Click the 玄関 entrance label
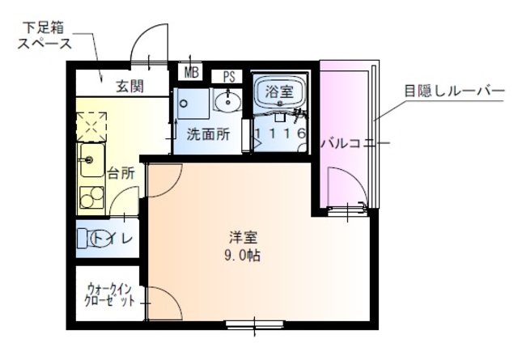[128, 86]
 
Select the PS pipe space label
[229, 77]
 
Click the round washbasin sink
[227, 102]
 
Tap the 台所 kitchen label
[121, 172]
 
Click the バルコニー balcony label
[343, 143]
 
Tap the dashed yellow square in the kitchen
[91, 127]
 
